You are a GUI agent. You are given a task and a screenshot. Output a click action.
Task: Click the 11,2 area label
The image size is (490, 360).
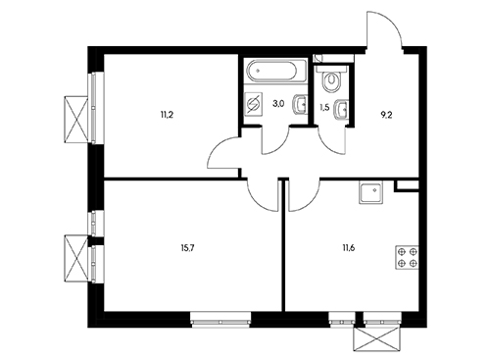pos(166,115)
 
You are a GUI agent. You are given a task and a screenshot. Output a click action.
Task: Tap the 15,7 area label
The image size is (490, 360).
pos(186,247)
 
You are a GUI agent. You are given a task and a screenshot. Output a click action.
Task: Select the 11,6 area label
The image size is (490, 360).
pos(348,247)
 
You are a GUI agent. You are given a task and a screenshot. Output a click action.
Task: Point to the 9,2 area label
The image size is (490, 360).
pos(386,115)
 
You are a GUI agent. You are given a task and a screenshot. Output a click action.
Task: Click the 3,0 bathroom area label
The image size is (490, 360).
pos(278,104)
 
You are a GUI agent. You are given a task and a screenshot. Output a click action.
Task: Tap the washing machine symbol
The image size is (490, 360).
pos(254,104)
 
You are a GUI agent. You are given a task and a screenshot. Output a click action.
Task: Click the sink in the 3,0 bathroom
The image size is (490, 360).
pos(300,104)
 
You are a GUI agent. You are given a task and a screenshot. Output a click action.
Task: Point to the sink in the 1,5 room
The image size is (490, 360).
pos(340,109)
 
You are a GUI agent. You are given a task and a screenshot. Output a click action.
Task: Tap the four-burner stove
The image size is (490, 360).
pos(408,257)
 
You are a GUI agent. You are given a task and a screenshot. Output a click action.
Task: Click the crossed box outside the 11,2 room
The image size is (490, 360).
pos(76,119)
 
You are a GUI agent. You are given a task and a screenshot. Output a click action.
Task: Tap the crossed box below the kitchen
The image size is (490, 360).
pos(377,339)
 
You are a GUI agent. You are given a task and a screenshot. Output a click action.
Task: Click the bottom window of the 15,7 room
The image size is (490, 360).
pos(220,320)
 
